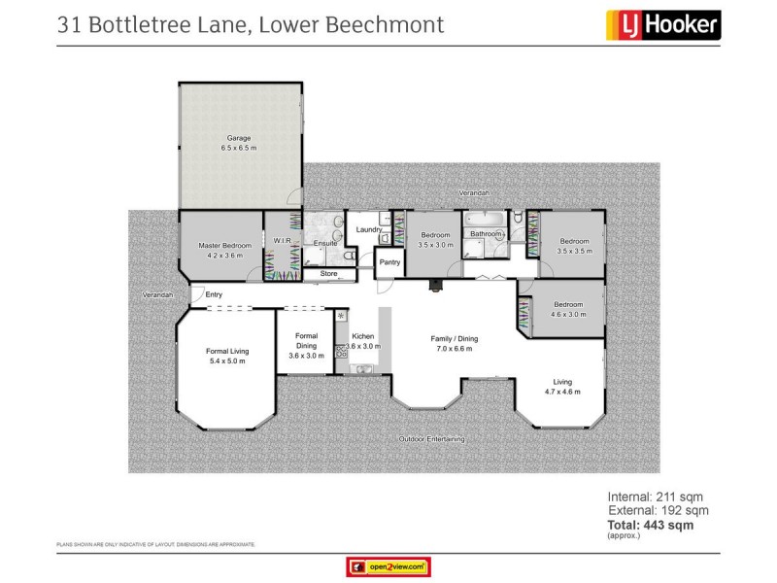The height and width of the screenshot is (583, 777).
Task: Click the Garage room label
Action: (x=238, y=138)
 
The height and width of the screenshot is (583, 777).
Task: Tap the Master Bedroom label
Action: (x=224, y=246)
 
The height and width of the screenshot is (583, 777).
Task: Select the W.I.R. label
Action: (x=283, y=241)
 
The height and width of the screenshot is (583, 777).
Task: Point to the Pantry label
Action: (x=390, y=262)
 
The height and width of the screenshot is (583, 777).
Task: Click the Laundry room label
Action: (x=369, y=229)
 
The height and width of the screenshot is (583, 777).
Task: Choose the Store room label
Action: (x=328, y=275)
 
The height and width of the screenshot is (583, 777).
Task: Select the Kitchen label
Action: (x=362, y=335)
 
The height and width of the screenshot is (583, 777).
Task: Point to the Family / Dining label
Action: (x=455, y=338)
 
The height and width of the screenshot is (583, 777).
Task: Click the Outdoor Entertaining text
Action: (x=431, y=439)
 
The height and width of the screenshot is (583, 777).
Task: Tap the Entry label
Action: (x=214, y=294)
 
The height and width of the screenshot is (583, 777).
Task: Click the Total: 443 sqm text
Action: (x=650, y=525)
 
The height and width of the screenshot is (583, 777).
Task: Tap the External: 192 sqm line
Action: (x=659, y=510)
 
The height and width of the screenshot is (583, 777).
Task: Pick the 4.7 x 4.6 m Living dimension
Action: (x=563, y=392)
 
